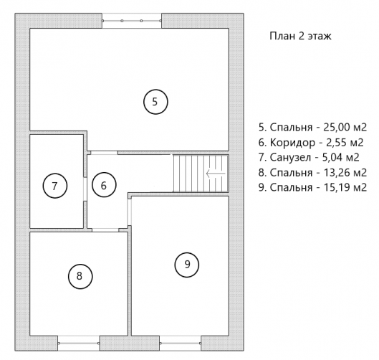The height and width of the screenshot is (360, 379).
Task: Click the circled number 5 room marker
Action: coord(155,102)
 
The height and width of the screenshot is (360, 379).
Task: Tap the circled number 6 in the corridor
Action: coord(104,185)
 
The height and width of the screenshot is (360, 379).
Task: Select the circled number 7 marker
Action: coord(55,186)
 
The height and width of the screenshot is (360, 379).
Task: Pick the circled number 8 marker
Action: coord(80,276)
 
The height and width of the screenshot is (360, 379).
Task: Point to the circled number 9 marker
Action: coord(187,265)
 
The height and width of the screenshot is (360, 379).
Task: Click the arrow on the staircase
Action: coord(216,174)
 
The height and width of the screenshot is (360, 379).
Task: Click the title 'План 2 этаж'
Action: coord(300,36)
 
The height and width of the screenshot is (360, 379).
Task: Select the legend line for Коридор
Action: coord(311,143)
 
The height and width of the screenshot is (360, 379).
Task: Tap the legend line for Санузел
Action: coord(309,158)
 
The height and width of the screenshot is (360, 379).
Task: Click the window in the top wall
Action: coord(132,21)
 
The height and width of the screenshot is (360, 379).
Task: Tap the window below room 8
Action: coord(79,343)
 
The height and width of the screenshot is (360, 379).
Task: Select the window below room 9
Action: coord(181,343)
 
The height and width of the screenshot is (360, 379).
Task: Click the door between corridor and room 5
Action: coord(104,153)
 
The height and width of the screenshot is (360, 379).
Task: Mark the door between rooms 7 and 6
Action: coord(85,189)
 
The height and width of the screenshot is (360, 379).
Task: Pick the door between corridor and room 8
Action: coord(105,229)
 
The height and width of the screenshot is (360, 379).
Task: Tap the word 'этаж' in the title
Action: coord(320,37)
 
